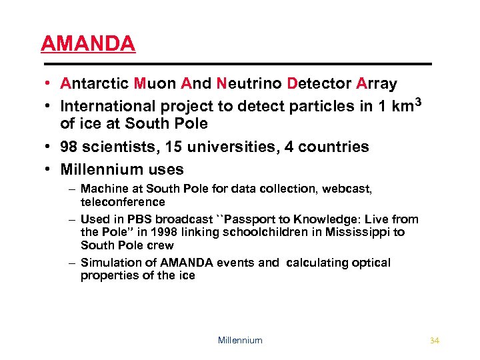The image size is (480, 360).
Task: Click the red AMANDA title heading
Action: pyautogui.click(x=88, y=43)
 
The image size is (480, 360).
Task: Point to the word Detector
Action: pyautogui.click(x=319, y=84)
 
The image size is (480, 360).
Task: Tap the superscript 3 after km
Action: pyautogui.click(x=419, y=101)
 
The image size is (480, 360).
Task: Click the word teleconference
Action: pyautogui.click(x=123, y=202)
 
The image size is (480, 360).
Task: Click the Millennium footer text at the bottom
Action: pyautogui.click(x=240, y=341)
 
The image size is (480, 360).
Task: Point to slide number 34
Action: pyautogui.click(x=435, y=341)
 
